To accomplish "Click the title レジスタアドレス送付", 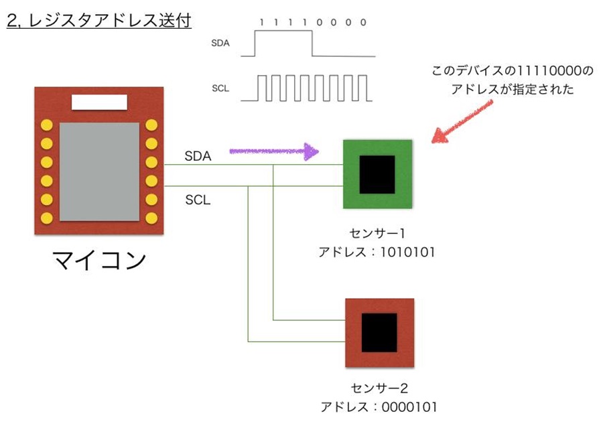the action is point(110,20).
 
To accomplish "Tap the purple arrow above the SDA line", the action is point(274,151).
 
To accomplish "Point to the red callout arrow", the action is point(462,121).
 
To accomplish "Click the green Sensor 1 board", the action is point(378,174).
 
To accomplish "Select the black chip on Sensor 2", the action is point(379,333).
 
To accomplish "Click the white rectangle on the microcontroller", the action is point(99,102).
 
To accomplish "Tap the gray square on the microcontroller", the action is point(99,172).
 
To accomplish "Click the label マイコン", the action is point(99,261).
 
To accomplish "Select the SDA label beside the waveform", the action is point(220,43).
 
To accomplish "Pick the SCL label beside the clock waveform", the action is point(220,88).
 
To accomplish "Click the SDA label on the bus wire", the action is point(198,156).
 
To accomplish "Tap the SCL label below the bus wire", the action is point(198,200).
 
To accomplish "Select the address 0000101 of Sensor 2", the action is point(409,407).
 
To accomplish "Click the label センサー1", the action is point(377,233).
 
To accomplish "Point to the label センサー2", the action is point(379,388).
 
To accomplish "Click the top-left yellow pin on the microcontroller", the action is point(46,125).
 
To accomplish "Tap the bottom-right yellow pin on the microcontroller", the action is point(151,218).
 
